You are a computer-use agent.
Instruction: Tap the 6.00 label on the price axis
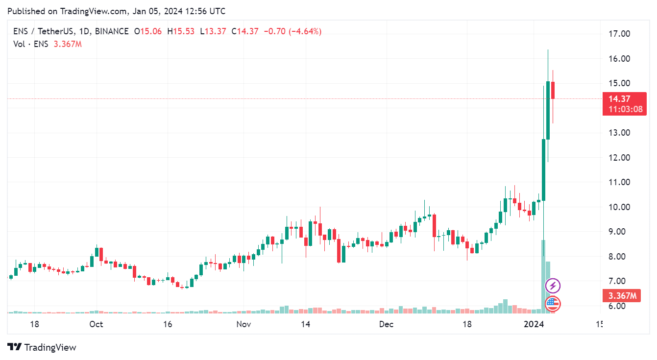click(619, 306)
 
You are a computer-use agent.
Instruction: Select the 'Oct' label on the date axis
click(97, 324)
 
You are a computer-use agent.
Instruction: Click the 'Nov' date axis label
click(243, 324)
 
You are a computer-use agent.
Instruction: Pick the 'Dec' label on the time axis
click(387, 324)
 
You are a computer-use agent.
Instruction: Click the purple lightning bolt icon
click(553, 286)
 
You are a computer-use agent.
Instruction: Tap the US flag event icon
click(553, 304)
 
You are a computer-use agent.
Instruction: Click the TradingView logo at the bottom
click(42, 347)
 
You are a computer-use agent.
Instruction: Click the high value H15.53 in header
click(181, 31)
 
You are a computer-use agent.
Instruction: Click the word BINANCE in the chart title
click(112, 31)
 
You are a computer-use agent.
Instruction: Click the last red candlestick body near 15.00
click(553, 90)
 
